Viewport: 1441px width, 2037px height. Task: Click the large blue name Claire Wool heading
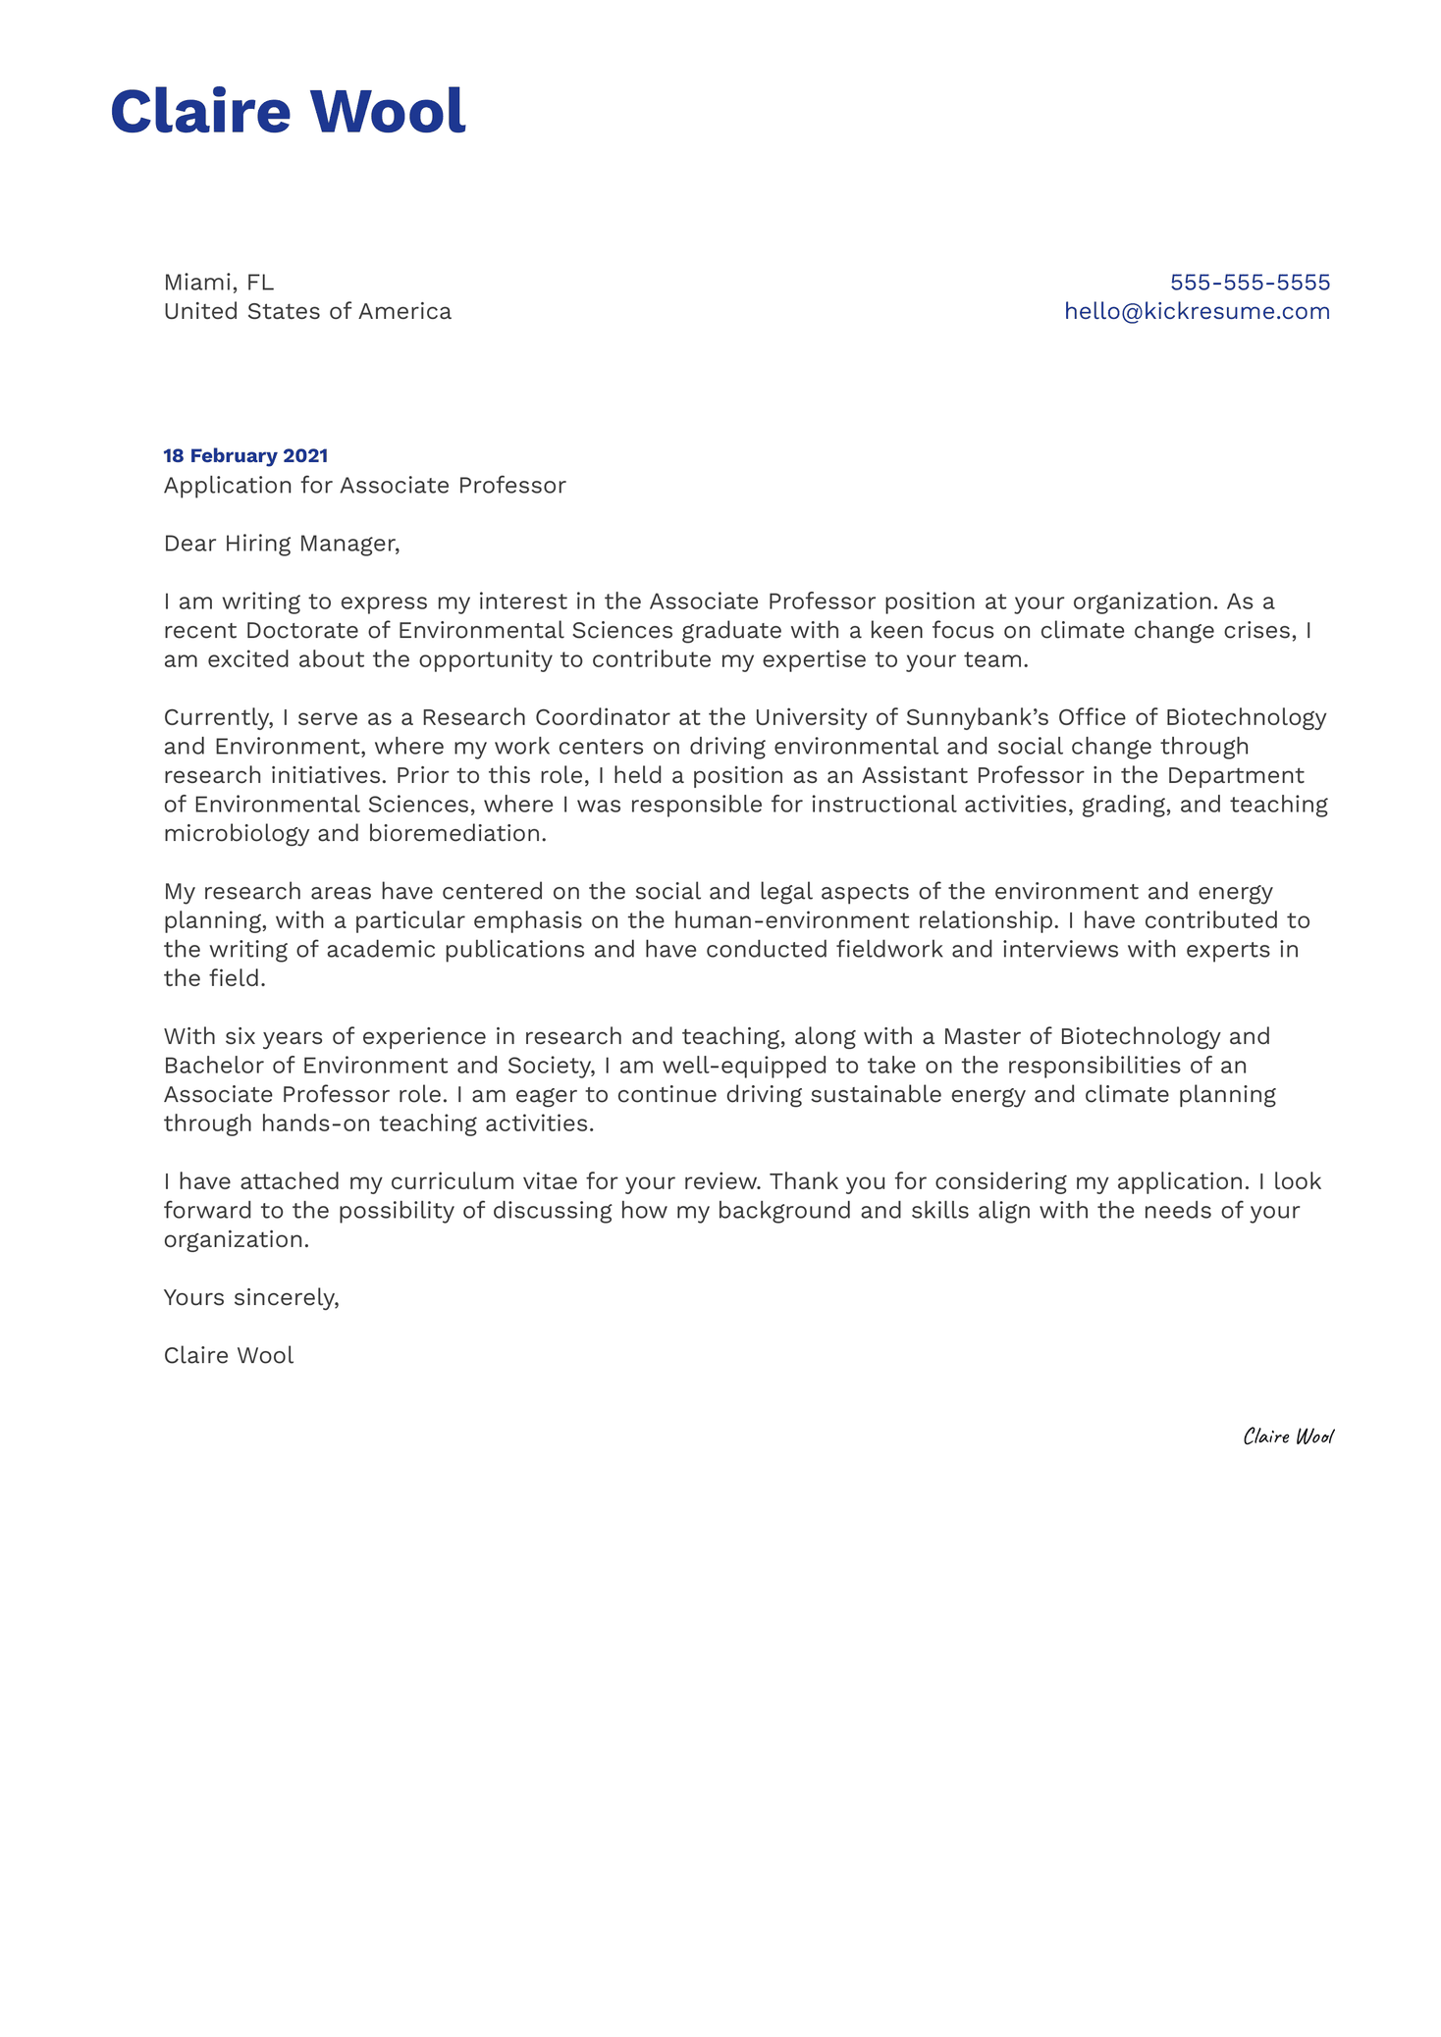click(288, 111)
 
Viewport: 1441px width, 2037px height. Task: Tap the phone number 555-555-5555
click(1249, 283)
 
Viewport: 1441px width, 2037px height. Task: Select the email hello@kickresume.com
click(1197, 312)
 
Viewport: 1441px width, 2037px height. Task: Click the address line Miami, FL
click(218, 283)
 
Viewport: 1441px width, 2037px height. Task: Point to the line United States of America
click(307, 312)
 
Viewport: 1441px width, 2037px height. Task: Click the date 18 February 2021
click(245, 456)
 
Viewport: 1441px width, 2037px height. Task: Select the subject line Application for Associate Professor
click(364, 486)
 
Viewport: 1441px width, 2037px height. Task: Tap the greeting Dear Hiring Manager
click(282, 544)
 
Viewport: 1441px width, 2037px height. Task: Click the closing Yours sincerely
click(251, 1298)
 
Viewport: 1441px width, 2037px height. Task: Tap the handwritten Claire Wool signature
click(1288, 1437)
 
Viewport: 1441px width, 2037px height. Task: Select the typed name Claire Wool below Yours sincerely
click(229, 1356)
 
